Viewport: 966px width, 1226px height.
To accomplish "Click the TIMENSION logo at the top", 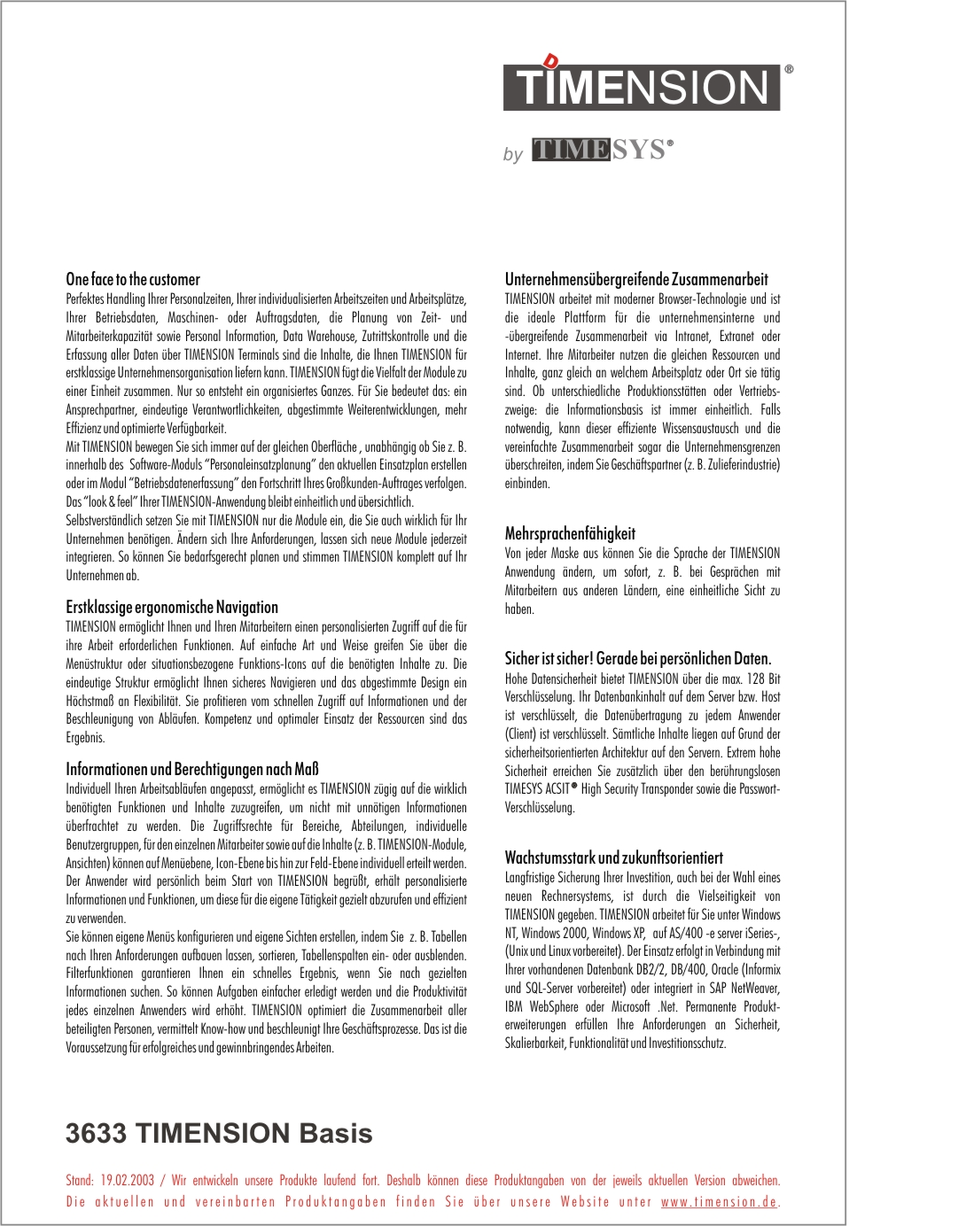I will pos(642,87).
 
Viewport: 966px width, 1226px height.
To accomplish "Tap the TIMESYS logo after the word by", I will pos(602,150).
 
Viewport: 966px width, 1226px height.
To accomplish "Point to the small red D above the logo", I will pos(551,61).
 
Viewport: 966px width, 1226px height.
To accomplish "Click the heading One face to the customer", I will pos(133,279).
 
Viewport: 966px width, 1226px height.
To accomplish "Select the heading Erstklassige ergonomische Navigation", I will pos(172,607).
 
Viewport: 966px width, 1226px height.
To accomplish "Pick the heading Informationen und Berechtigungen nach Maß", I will pos(192,769).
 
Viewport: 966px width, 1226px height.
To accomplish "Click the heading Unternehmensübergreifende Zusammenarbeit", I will pos(636,279).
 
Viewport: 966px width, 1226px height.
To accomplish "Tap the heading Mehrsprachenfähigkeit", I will pos(570,533).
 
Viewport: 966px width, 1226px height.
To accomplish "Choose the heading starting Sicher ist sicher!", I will pos(638,658).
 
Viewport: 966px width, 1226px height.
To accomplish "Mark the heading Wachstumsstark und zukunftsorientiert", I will pos(613,857).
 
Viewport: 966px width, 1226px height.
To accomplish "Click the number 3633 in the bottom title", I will pos(97,1133).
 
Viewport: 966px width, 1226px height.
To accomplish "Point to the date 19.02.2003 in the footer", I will pos(127,1180).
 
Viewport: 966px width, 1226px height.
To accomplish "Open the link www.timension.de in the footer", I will pos(719,1202).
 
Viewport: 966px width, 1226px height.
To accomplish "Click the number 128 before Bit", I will pos(755,679).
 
